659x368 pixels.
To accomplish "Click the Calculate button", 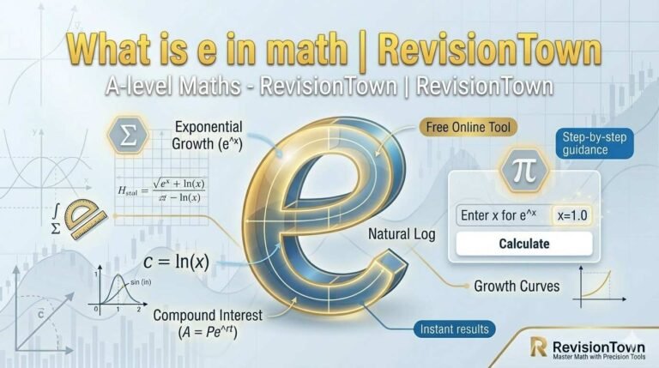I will pos(523,244).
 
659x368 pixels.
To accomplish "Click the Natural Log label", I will pos(401,232).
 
